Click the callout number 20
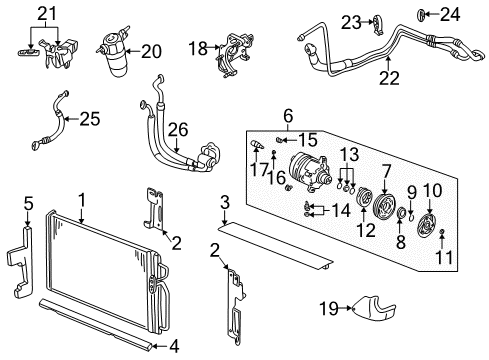click(151, 51)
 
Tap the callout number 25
click(89, 120)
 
